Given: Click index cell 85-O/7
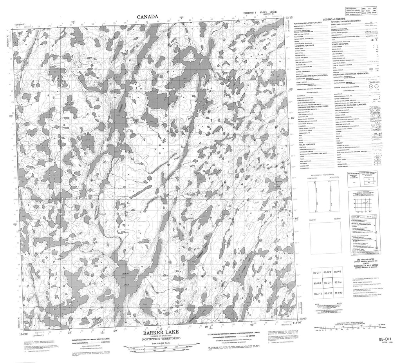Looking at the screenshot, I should (317, 272).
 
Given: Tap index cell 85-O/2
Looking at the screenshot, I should (317, 283).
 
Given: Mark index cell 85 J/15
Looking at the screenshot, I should (317, 293).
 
